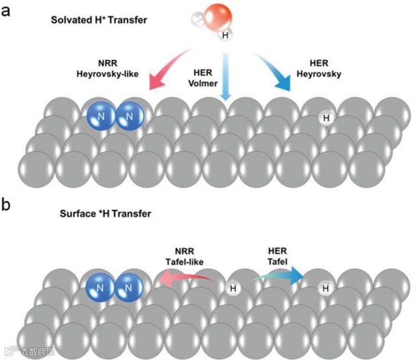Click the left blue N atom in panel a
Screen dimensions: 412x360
click(x=102, y=117)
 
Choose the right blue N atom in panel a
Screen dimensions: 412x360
click(x=130, y=117)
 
